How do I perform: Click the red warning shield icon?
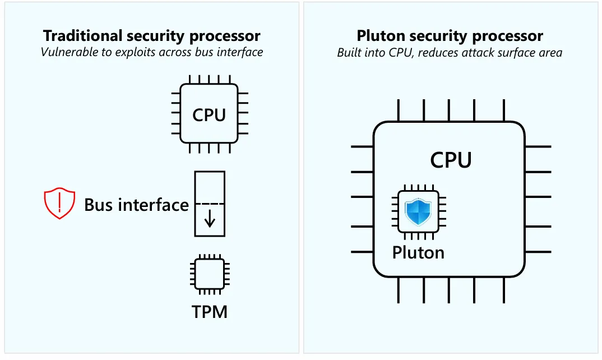(x=59, y=204)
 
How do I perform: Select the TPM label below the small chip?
(x=210, y=311)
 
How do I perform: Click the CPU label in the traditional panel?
(x=209, y=115)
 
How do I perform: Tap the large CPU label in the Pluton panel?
(x=451, y=160)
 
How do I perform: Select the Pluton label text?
(x=418, y=252)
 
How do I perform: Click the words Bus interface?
(x=136, y=205)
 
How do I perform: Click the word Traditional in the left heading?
(x=77, y=36)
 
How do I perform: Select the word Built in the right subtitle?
(x=349, y=53)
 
